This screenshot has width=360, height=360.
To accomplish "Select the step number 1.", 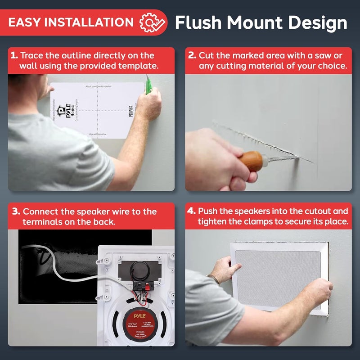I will [x=14, y=56].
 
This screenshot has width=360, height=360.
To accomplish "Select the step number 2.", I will [x=192, y=56].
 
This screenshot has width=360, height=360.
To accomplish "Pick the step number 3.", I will [x=16, y=211].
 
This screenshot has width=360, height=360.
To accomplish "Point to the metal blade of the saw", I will [x=288, y=157].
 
